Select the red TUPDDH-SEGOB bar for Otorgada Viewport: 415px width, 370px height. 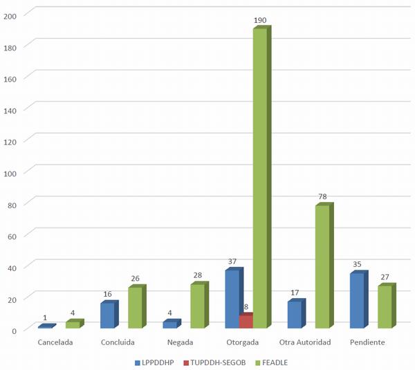(246, 322)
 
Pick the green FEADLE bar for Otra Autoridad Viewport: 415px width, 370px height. (322, 267)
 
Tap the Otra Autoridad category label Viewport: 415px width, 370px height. (305, 342)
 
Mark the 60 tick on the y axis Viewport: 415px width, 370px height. (12, 235)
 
